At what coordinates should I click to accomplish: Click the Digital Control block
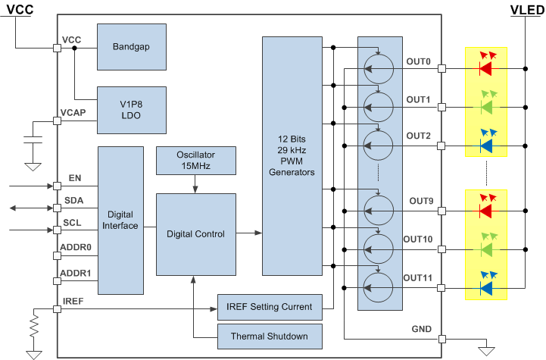[195, 234]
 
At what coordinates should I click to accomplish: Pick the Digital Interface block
[120, 220]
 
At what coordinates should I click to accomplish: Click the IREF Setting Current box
[269, 306]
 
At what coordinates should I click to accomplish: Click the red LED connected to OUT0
[485, 67]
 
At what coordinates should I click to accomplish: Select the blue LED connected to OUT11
[485, 286]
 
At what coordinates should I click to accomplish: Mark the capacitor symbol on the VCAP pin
[33, 140]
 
